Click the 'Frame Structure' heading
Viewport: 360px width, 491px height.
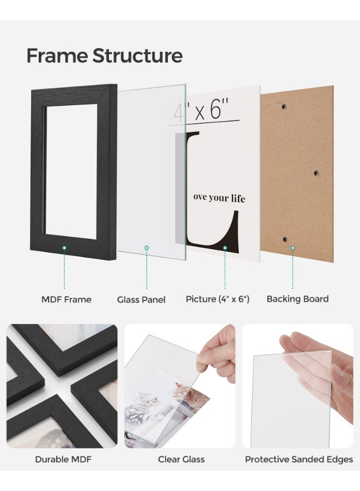104,56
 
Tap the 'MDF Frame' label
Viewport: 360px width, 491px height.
66,299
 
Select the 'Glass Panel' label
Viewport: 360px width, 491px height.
141,300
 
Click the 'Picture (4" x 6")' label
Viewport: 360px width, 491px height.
218,299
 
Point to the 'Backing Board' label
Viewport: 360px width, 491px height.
297,299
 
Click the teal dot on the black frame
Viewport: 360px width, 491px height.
64,248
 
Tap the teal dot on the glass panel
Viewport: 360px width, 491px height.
146,248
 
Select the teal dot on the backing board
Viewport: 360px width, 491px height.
292,248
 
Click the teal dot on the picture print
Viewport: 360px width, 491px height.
224,248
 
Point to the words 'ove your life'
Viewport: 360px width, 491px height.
219,197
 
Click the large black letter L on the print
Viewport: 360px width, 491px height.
207,218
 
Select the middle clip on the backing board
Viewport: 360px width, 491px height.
316,173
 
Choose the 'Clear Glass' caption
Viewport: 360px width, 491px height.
181,459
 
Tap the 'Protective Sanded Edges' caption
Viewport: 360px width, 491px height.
298,459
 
